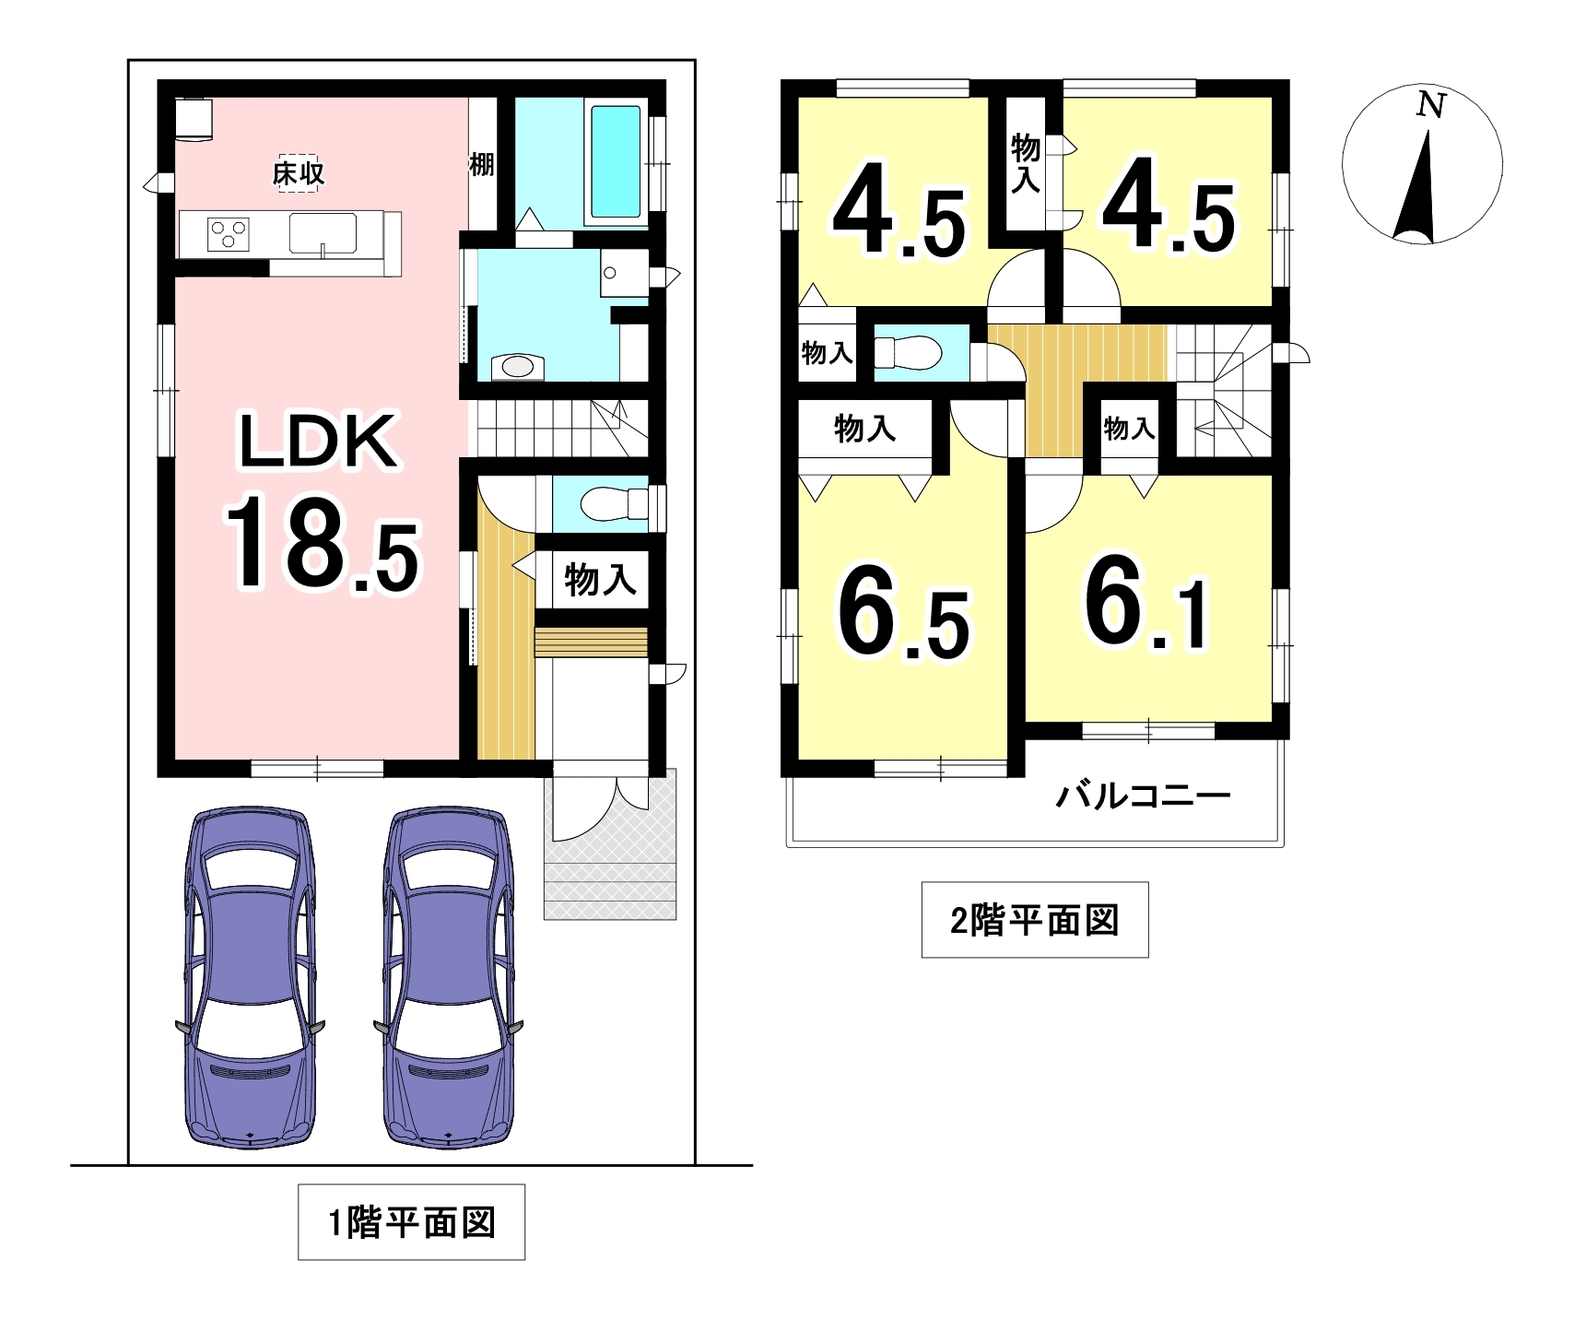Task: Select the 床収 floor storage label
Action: point(299,173)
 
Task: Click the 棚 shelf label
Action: point(482,164)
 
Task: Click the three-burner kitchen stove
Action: point(228,234)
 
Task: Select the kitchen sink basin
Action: point(323,232)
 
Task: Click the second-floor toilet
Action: point(907,352)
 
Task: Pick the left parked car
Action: point(251,976)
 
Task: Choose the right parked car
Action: point(449,976)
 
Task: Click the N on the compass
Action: point(1430,105)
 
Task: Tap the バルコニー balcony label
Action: point(1143,796)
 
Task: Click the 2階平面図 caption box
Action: point(1035,920)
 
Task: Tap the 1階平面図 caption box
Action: point(411,1222)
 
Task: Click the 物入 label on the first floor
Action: point(600,580)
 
